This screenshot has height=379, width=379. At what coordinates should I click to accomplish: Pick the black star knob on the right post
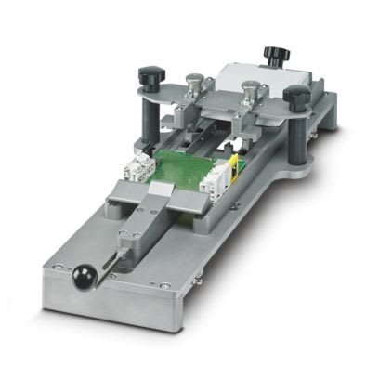(x=298, y=95)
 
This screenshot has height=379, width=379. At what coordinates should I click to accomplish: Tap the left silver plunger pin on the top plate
(x=195, y=85)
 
